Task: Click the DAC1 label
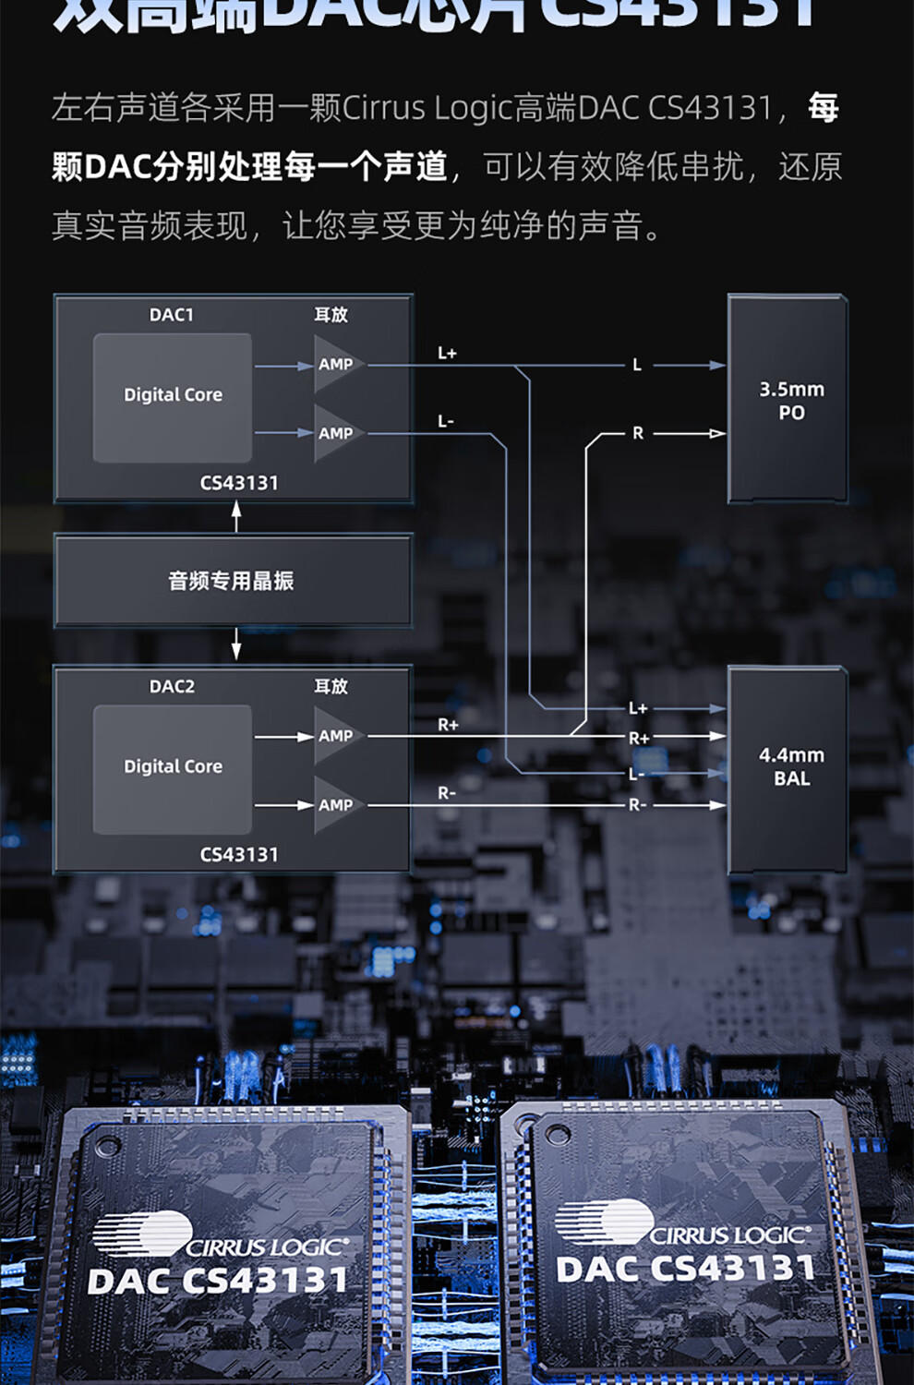[172, 315]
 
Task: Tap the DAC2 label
[172, 686]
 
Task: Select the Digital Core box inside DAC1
[173, 397]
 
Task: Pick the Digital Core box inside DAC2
[173, 768]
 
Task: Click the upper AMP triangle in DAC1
[334, 365]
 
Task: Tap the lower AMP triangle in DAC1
[334, 433]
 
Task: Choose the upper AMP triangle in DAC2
[334, 736]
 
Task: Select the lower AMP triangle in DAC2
[334, 805]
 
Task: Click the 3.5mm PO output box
[789, 400]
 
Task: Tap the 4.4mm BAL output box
[789, 768]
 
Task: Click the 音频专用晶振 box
[232, 581]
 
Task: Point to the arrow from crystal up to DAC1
[236, 516]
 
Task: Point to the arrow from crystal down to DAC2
[236, 644]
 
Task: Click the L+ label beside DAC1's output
[447, 353]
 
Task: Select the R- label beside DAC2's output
[447, 793]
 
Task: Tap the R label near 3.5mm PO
[637, 433]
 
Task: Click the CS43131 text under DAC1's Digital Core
[239, 483]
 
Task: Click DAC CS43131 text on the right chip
[685, 1269]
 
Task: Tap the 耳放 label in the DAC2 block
[331, 686]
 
